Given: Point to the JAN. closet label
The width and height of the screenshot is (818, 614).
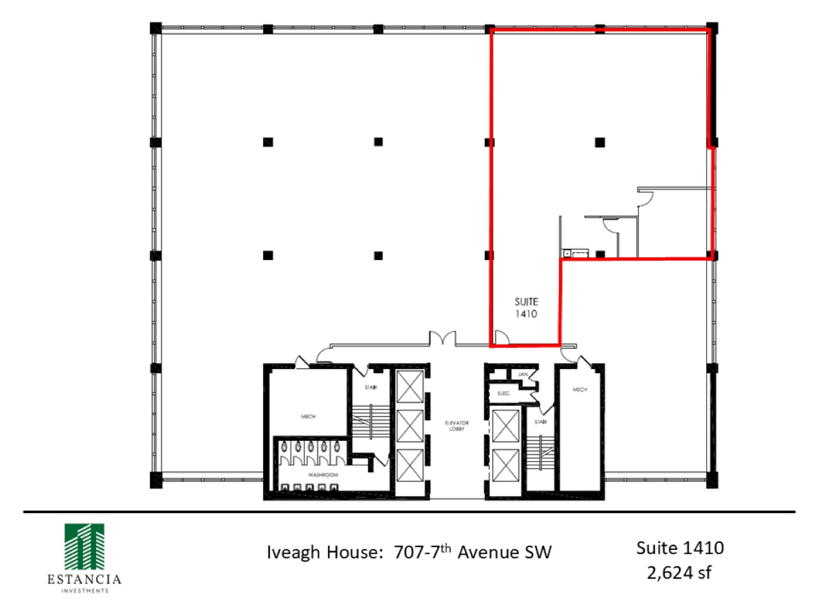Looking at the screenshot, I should [x=524, y=375].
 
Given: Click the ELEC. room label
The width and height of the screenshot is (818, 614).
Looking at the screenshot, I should [x=504, y=393].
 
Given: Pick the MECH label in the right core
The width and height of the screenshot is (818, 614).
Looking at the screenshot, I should [x=580, y=390].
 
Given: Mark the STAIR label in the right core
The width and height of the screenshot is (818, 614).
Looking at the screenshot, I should [x=541, y=422].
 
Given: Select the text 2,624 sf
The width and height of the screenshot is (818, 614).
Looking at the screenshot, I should [x=680, y=572].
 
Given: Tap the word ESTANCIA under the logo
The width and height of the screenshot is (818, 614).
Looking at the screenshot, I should [x=83, y=580].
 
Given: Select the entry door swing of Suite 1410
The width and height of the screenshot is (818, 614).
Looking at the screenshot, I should [x=501, y=338].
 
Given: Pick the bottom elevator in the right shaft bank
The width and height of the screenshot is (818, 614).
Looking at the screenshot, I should [x=504, y=466].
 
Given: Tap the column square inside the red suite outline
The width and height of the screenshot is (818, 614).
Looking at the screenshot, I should [x=600, y=142].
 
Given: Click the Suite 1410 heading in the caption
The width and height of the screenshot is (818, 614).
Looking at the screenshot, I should [x=680, y=547].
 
